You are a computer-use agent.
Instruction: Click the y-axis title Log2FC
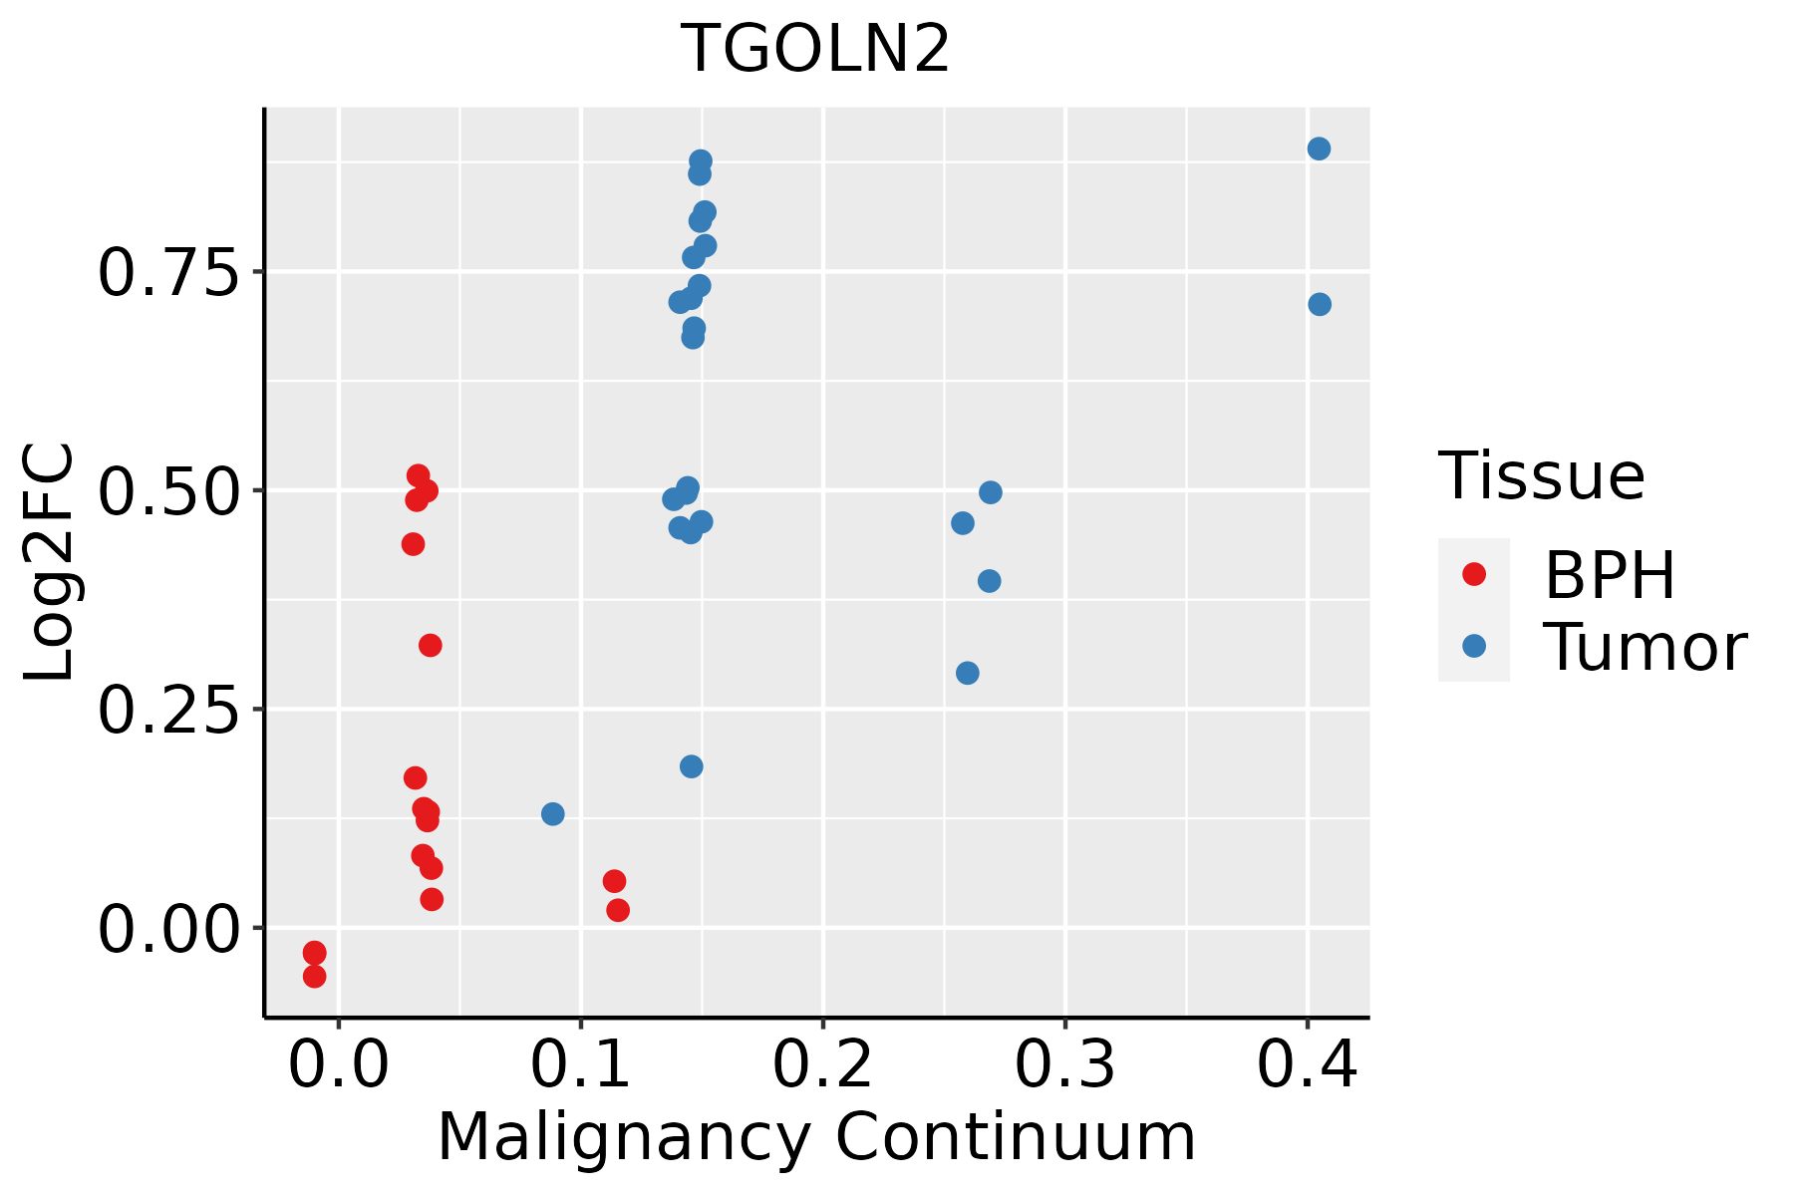tap(50, 563)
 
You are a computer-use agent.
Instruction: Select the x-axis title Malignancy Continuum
tap(816, 1137)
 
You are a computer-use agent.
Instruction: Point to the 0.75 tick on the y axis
tap(169, 272)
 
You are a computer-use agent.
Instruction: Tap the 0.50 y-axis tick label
tap(169, 490)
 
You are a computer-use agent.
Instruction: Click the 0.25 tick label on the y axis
tap(169, 710)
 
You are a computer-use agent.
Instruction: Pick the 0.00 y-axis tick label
tap(169, 929)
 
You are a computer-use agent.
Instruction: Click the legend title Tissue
tap(1541, 476)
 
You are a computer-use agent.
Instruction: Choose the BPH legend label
tap(1610, 575)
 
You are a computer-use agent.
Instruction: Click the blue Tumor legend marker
tap(1473, 646)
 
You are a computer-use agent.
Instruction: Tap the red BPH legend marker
tap(1473, 574)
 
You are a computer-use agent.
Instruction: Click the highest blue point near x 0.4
tap(1319, 149)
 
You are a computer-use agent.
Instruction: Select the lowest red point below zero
tap(314, 976)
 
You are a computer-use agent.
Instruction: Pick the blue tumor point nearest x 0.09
tap(552, 814)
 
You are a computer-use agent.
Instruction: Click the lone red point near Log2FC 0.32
tap(430, 646)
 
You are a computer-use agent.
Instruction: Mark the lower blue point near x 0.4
tap(1320, 304)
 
